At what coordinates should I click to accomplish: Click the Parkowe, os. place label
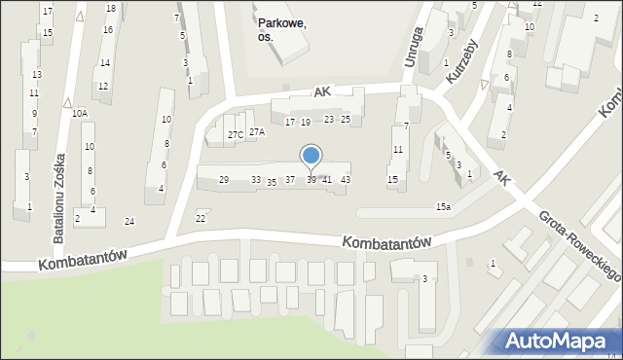tap(281, 30)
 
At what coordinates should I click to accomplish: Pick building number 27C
tap(236, 134)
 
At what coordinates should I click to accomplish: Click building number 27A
tap(256, 131)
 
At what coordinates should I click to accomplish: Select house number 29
tap(224, 180)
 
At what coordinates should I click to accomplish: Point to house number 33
tap(256, 180)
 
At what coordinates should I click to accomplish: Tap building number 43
tap(346, 180)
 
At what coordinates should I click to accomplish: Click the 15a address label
tap(443, 206)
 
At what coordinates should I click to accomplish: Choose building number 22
tap(201, 217)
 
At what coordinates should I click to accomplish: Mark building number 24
tap(129, 222)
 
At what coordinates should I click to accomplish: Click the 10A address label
tap(80, 113)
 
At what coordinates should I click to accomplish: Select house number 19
tap(306, 122)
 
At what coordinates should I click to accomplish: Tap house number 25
tap(345, 119)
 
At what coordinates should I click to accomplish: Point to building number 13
tap(37, 75)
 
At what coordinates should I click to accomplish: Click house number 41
tap(327, 180)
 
